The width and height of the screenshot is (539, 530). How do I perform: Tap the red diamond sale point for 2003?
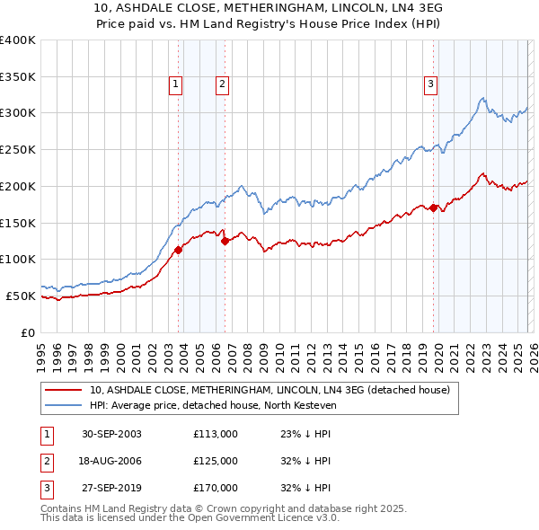point(179,250)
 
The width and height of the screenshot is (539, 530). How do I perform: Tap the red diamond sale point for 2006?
point(225,240)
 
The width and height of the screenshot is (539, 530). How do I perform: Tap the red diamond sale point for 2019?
point(433,208)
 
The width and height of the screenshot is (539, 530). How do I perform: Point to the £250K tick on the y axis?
point(18,149)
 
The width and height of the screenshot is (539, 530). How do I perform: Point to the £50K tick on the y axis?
point(21,296)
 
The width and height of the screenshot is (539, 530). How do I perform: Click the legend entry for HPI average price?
point(212,405)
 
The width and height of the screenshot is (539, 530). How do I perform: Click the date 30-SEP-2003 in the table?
point(111,434)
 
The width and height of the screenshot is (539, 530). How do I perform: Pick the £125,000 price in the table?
point(216,461)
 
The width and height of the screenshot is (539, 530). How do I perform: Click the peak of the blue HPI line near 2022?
point(483,98)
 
